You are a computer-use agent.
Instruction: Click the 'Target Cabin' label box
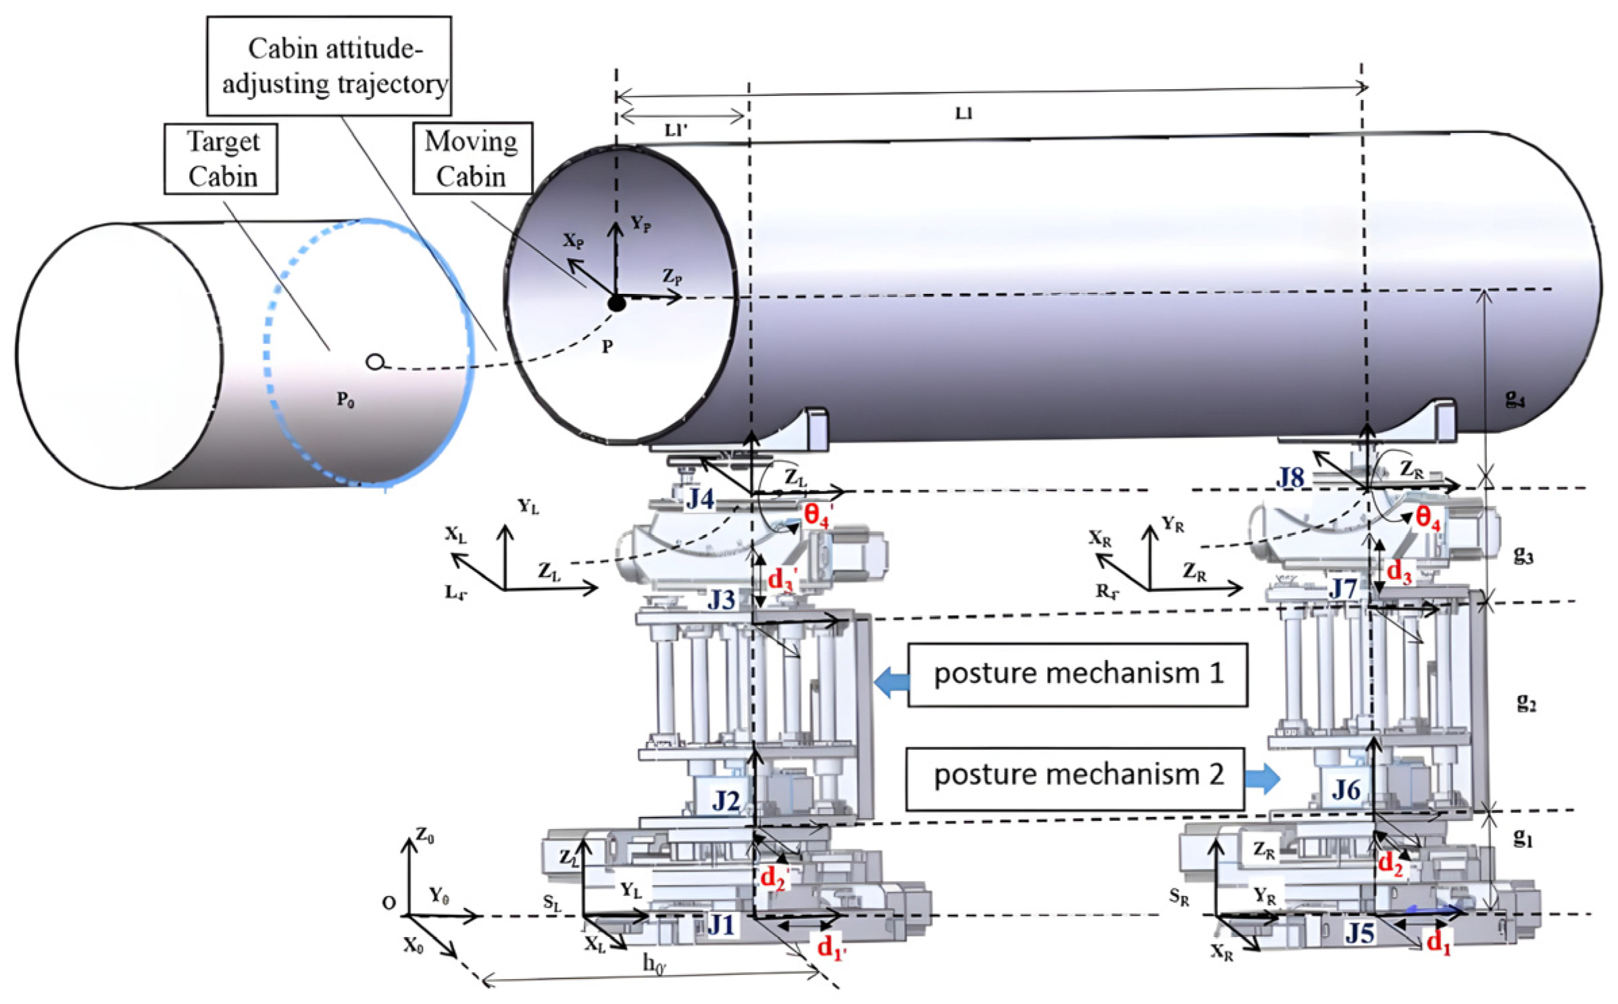pyautogui.click(x=221, y=159)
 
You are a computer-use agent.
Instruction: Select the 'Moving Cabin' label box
pyautogui.click(x=472, y=159)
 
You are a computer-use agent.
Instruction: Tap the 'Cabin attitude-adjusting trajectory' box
pyautogui.click(x=329, y=66)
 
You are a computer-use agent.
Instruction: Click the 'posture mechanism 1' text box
pyautogui.click(x=1077, y=674)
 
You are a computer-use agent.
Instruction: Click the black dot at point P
pyautogui.click(x=616, y=303)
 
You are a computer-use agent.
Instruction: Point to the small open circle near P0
pyautogui.click(x=375, y=362)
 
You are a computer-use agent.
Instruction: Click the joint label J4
pyautogui.click(x=700, y=499)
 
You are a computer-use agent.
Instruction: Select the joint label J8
pyautogui.click(x=1290, y=478)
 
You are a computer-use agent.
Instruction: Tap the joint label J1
pyautogui.click(x=720, y=925)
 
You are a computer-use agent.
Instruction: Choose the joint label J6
pyautogui.click(x=1346, y=788)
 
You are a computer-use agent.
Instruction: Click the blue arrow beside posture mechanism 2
pyautogui.click(x=1262, y=778)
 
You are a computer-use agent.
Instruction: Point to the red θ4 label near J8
pyautogui.click(x=1427, y=519)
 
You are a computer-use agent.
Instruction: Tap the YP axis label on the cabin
pyautogui.click(x=640, y=224)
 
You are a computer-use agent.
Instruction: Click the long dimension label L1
pyautogui.click(x=963, y=114)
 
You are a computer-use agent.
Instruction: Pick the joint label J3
pyautogui.click(x=721, y=599)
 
